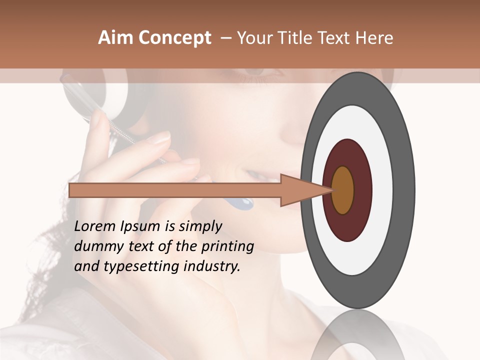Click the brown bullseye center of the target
(x=343, y=190)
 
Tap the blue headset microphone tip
(x=243, y=203)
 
